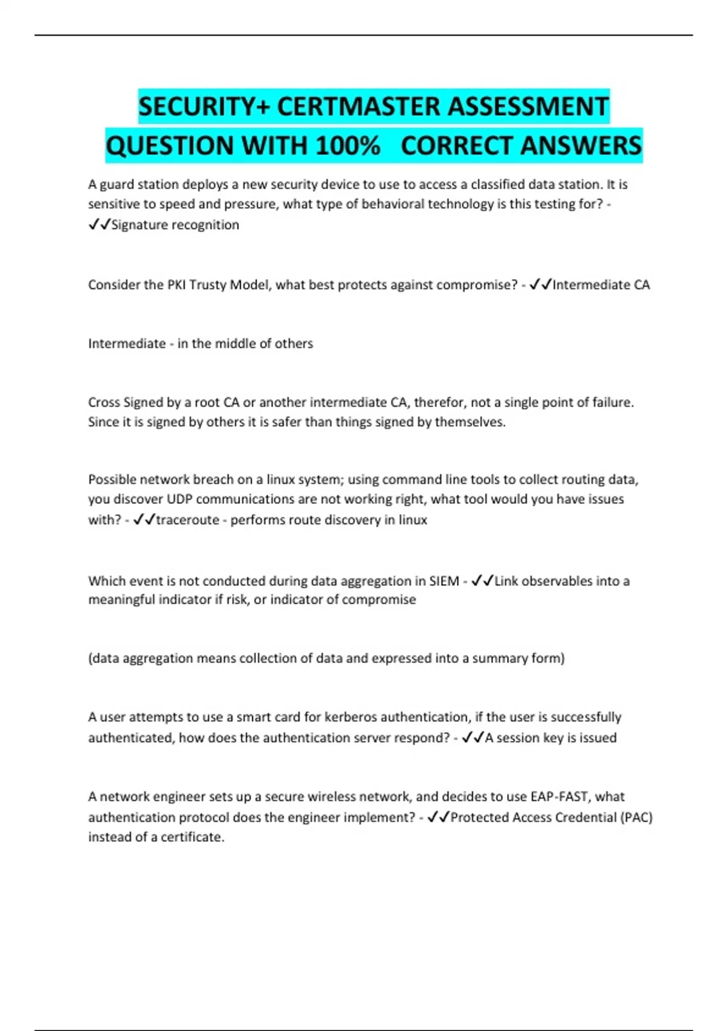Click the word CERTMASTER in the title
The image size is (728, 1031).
click(x=359, y=107)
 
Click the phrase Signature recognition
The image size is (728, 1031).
click(x=175, y=225)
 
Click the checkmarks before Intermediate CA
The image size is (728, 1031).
click(x=540, y=284)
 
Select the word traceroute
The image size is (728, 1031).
click(x=187, y=520)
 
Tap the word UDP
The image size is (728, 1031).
click(x=180, y=499)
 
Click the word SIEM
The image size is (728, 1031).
click(x=444, y=581)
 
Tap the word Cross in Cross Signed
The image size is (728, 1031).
click(x=104, y=402)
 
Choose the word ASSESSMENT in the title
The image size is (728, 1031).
click(x=528, y=107)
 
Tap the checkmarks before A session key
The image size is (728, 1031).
click(x=473, y=737)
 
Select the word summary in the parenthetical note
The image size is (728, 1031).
click(x=497, y=658)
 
